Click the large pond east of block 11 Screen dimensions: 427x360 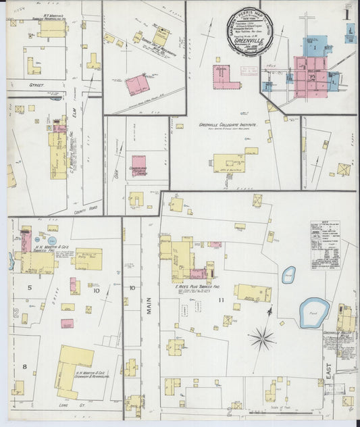(x=314, y=311)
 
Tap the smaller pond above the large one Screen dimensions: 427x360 (x=288, y=274)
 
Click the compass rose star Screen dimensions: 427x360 (x=261, y=337)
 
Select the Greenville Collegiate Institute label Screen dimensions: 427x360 (x=226, y=124)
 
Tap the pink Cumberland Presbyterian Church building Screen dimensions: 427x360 (x=139, y=165)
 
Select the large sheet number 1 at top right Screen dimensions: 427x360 (x=346, y=14)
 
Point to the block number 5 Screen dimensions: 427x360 (x=29, y=288)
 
